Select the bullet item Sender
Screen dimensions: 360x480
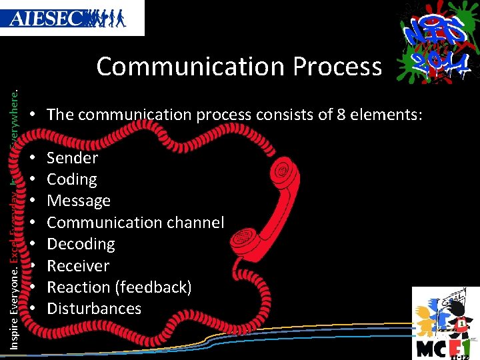tap(72, 158)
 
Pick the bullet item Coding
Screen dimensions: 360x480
tap(71, 179)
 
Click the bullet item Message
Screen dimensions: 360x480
tap(78, 201)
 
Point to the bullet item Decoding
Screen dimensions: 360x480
tap(81, 244)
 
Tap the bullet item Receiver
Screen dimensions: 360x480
tap(77, 265)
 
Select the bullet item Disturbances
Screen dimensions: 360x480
tap(94, 309)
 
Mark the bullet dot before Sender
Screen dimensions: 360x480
tap(33, 158)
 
